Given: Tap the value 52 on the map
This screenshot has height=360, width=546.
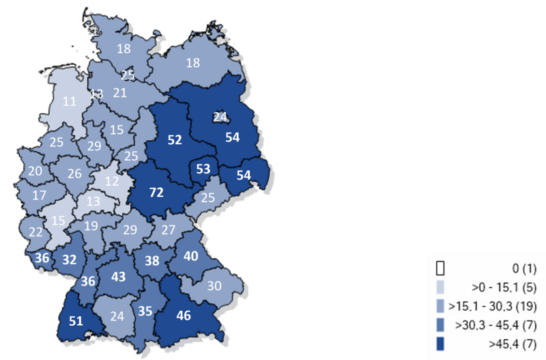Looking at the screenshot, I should point(174,140).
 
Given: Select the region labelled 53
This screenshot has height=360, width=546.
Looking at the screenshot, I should point(203,169).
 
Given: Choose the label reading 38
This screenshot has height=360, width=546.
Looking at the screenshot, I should point(152,260).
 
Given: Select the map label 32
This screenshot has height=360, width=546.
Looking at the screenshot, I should point(69,260).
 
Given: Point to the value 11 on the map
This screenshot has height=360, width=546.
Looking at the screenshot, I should point(69,101).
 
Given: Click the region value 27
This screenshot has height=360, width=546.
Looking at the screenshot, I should point(168,229).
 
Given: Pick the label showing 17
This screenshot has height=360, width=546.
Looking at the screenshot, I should point(39,195).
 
